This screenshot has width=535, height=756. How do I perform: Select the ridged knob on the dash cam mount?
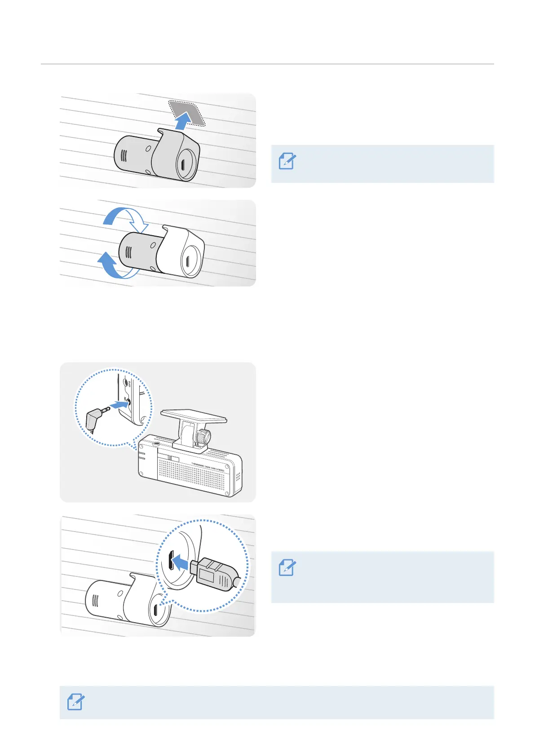203,436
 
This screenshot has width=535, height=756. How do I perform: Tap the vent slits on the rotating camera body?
128,252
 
